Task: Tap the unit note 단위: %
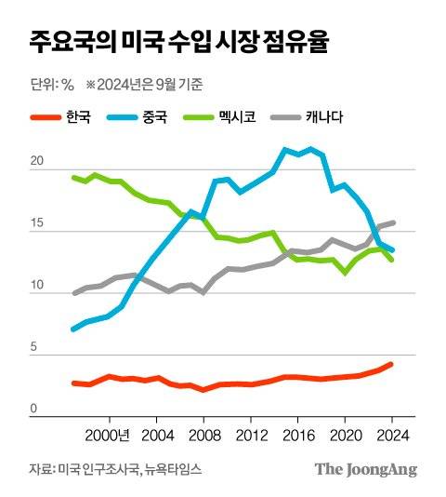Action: pos(52,86)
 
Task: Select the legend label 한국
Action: pos(78,118)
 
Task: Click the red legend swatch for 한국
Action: pos(45,118)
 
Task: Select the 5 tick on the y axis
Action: pos(34,348)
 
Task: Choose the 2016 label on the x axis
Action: pos(298,434)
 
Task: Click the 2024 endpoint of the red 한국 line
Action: pos(391,364)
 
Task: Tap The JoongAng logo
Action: pos(365,469)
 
